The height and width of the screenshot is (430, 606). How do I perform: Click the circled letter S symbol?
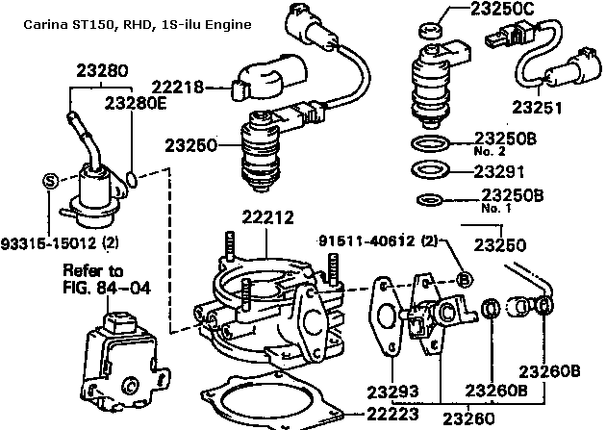51,180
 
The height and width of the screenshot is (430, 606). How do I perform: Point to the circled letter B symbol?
462,280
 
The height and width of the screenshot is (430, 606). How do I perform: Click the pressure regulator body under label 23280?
96,188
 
